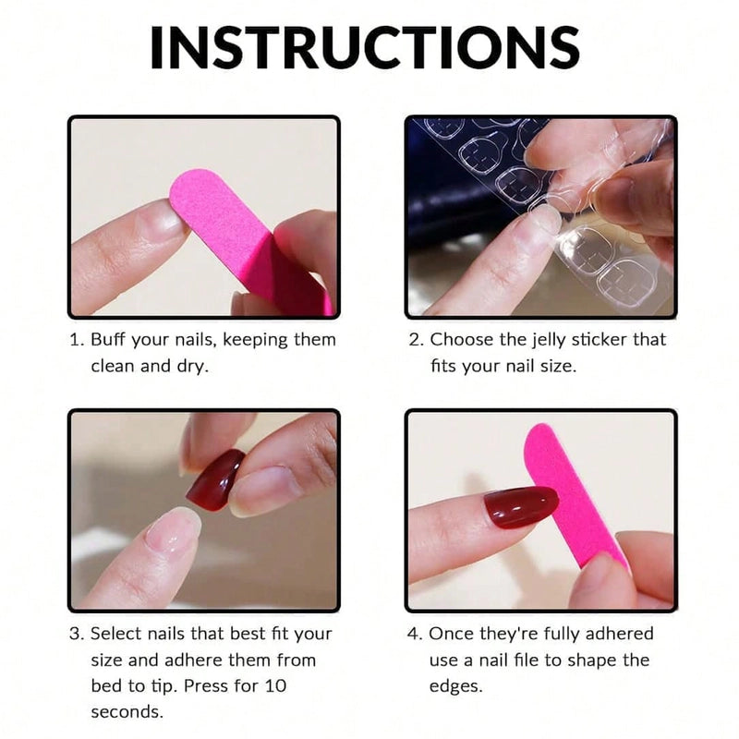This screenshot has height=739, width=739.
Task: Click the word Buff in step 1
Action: coord(109,340)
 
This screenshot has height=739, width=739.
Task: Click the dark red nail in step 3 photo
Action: coord(214,480)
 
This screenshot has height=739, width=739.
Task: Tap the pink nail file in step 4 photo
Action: coord(573,490)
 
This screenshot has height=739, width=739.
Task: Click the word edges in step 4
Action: coord(458,686)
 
